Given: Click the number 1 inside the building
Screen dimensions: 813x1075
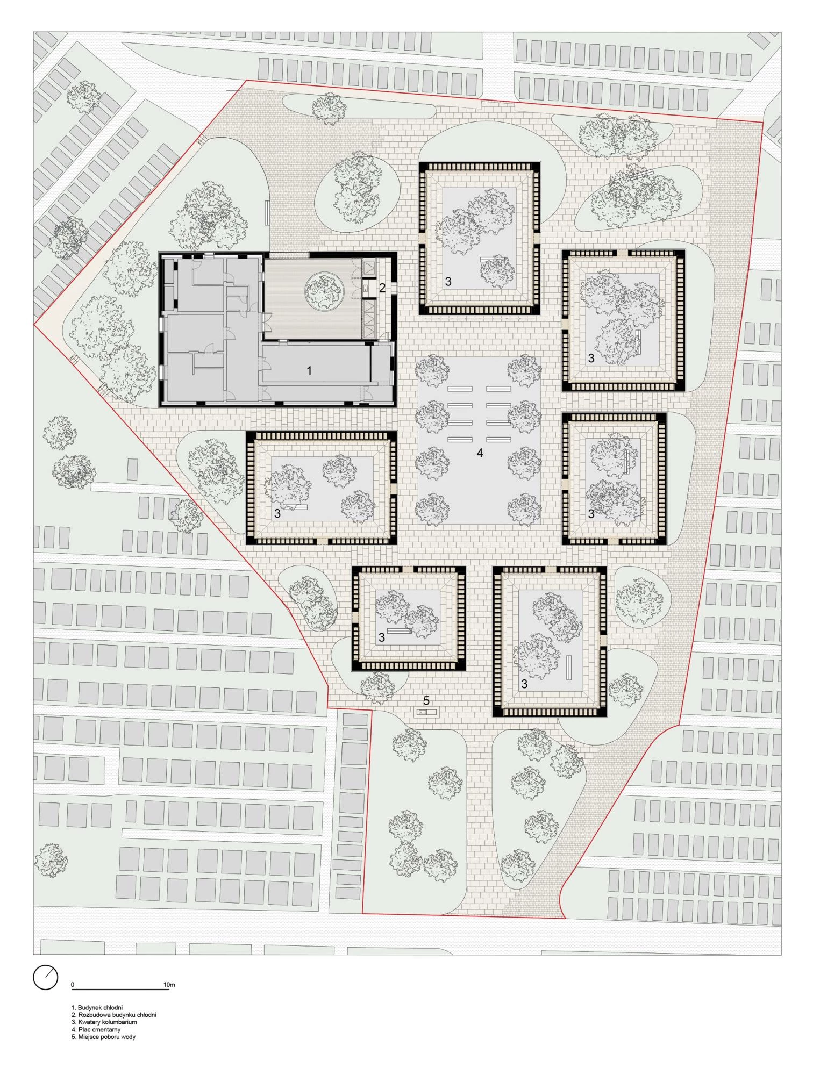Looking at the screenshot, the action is pos(309,370).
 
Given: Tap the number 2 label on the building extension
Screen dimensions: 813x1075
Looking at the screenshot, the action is pos(382,288).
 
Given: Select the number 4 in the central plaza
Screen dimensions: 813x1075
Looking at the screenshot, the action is pos(480,453).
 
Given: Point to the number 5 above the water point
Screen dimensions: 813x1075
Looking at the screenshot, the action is pos(426,701).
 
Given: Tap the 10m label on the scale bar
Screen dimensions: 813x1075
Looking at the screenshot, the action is pos(169,985).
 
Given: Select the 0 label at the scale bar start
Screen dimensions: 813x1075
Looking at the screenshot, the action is pos(73,985).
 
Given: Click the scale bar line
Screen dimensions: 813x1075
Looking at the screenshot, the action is pos(120,989).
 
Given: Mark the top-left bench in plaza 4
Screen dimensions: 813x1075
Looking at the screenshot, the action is pos(460,389).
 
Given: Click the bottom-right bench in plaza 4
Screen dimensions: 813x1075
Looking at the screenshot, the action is pos(498,440).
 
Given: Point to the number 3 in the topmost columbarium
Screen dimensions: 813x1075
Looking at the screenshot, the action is pos(448,281).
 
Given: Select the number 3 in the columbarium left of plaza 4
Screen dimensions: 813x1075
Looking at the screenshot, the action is pos(277,514).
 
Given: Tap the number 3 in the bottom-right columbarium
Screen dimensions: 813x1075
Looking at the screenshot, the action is pos(524,685).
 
